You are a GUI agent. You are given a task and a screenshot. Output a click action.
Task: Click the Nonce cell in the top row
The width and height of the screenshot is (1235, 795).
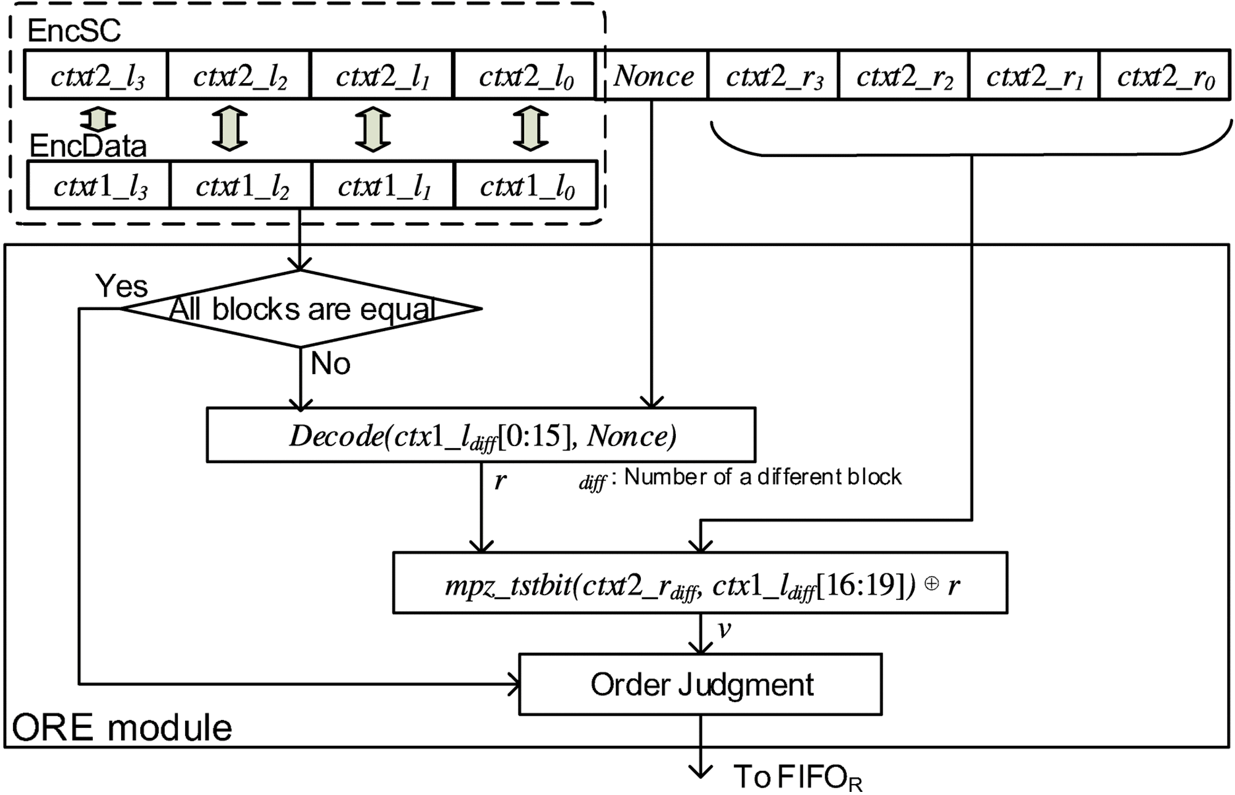[654, 76]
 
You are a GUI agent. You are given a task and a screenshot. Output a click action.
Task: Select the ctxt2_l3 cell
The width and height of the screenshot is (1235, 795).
[96, 76]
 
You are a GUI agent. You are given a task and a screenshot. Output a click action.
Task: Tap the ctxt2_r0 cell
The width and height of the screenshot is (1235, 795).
[1164, 76]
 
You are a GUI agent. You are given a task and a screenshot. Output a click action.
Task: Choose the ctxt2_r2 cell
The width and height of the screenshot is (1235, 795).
[903, 76]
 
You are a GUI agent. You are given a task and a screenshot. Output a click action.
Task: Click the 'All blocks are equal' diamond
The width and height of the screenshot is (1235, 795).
[301, 309]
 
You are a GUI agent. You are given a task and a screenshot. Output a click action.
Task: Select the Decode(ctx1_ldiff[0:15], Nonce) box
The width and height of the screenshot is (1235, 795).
[481, 435]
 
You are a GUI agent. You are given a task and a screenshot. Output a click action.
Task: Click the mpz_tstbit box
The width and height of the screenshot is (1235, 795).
[700, 583]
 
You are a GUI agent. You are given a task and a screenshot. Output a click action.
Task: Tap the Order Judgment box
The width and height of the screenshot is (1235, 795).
[701, 684]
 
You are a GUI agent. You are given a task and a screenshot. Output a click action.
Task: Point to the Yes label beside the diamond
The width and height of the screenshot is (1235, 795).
[121, 286]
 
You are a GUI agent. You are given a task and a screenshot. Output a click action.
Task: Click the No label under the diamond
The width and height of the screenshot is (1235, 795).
[330, 364]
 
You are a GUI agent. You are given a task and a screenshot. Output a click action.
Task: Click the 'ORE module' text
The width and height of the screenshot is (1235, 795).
[122, 728]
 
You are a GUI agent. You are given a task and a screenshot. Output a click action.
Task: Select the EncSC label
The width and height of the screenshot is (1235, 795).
[74, 30]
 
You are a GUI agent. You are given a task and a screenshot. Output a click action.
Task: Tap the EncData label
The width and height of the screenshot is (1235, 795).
[88, 146]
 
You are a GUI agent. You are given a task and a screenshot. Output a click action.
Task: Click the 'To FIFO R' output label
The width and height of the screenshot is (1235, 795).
[798, 777]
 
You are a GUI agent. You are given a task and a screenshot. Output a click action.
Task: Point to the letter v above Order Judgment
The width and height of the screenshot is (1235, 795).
[724, 629]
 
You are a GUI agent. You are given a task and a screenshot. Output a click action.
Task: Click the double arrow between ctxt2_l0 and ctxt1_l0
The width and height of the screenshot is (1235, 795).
[530, 129]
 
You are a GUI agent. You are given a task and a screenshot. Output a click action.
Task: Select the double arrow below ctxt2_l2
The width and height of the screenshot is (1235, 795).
[229, 129]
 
